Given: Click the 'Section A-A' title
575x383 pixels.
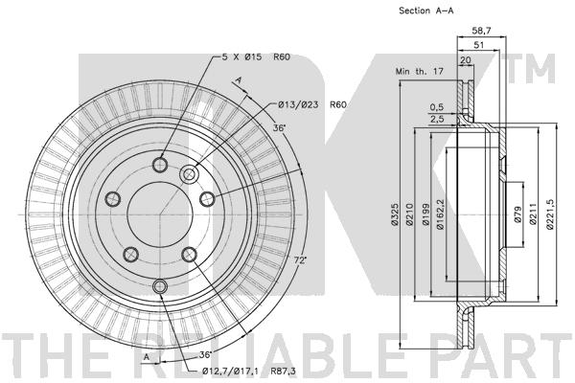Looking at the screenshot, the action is pyautogui.click(x=426, y=11).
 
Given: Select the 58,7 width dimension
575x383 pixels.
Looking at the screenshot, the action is pyautogui.click(x=482, y=31).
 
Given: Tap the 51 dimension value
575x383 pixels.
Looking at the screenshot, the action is pyautogui.click(x=479, y=45).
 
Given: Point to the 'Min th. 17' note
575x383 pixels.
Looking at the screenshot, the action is pyautogui.click(x=420, y=71).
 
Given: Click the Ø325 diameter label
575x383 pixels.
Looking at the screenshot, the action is pyautogui.click(x=394, y=214).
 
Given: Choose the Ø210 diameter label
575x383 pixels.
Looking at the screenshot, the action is pyautogui.click(x=409, y=214).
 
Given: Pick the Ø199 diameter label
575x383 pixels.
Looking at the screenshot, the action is pyautogui.click(x=425, y=214).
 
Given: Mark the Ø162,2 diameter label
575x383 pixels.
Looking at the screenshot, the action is pyautogui.click(x=441, y=214).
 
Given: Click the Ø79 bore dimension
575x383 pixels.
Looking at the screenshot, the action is pyautogui.click(x=517, y=214).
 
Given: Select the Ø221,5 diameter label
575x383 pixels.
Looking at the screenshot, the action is pyautogui.click(x=549, y=214).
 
